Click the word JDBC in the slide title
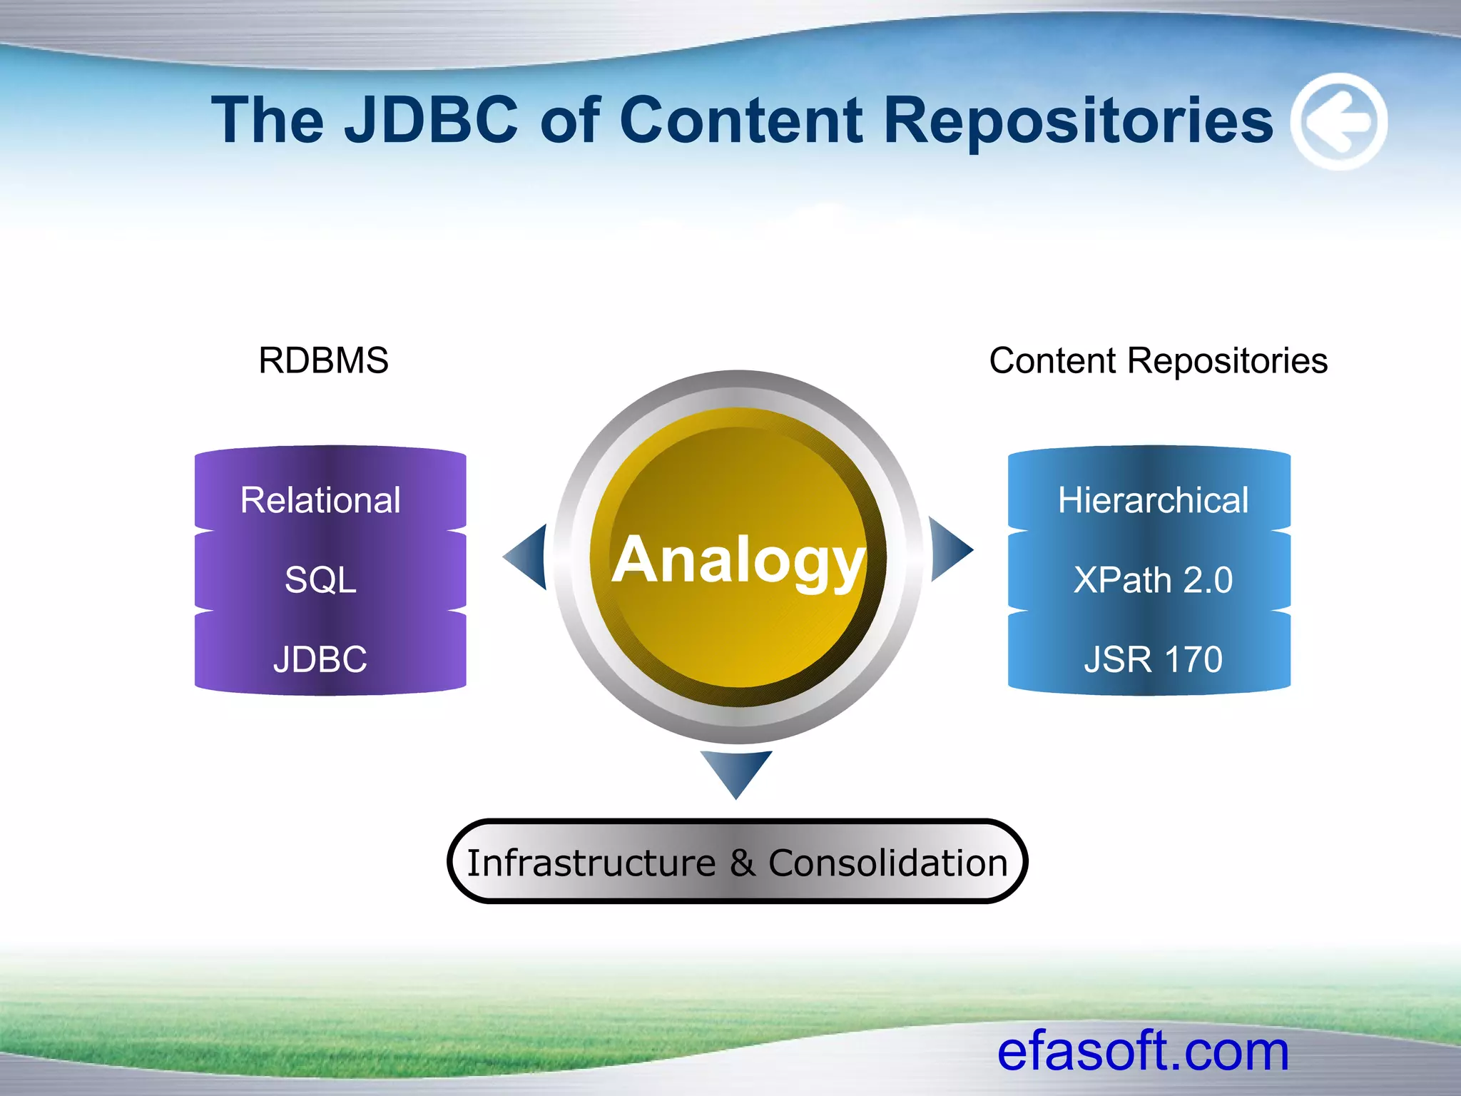coord(432,120)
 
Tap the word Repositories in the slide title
coord(1077,121)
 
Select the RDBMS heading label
coord(323,360)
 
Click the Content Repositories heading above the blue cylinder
coord(1158,360)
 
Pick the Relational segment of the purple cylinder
coord(321,499)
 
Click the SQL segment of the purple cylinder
coord(320,579)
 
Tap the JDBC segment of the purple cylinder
coord(320,659)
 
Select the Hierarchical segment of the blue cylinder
coord(1153,499)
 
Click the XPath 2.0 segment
coord(1153,579)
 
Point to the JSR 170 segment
coord(1153,659)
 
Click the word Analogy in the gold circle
coord(738,562)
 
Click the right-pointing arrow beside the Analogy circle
coord(950,549)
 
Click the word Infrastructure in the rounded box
coord(591,863)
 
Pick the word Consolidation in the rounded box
coord(887,863)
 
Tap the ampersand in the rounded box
coord(742,863)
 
